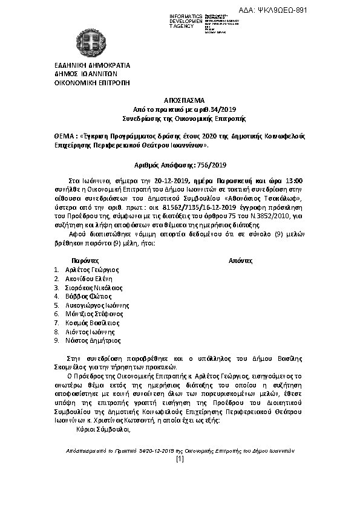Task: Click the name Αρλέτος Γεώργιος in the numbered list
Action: (91, 270)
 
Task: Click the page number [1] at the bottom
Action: (180, 459)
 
